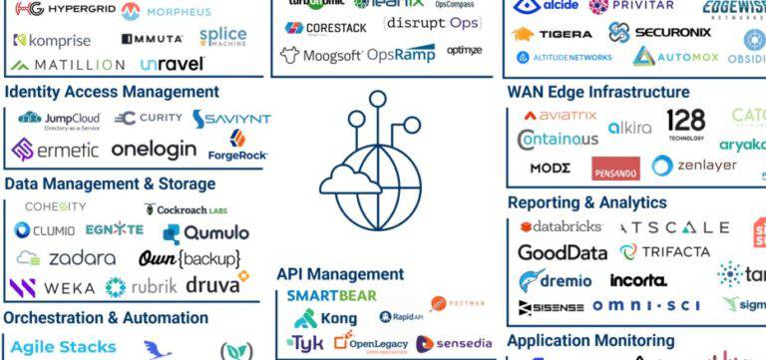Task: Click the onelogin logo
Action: tap(155, 151)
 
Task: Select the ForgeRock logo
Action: tap(236, 147)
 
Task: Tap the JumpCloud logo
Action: tap(59, 121)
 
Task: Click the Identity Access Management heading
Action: tap(112, 92)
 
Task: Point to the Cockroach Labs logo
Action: tap(186, 209)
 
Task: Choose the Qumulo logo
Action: tap(206, 232)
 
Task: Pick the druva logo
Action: tap(216, 285)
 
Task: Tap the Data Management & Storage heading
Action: tap(110, 183)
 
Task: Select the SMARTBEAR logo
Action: tap(332, 295)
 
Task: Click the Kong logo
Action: tap(326, 318)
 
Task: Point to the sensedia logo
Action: tap(454, 344)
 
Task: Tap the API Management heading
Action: tap(340, 273)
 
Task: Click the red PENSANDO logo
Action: tap(615, 170)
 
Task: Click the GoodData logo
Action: tap(563, 252)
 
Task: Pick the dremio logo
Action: tap(556, 281)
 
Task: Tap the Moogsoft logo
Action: tap(319, 56)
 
